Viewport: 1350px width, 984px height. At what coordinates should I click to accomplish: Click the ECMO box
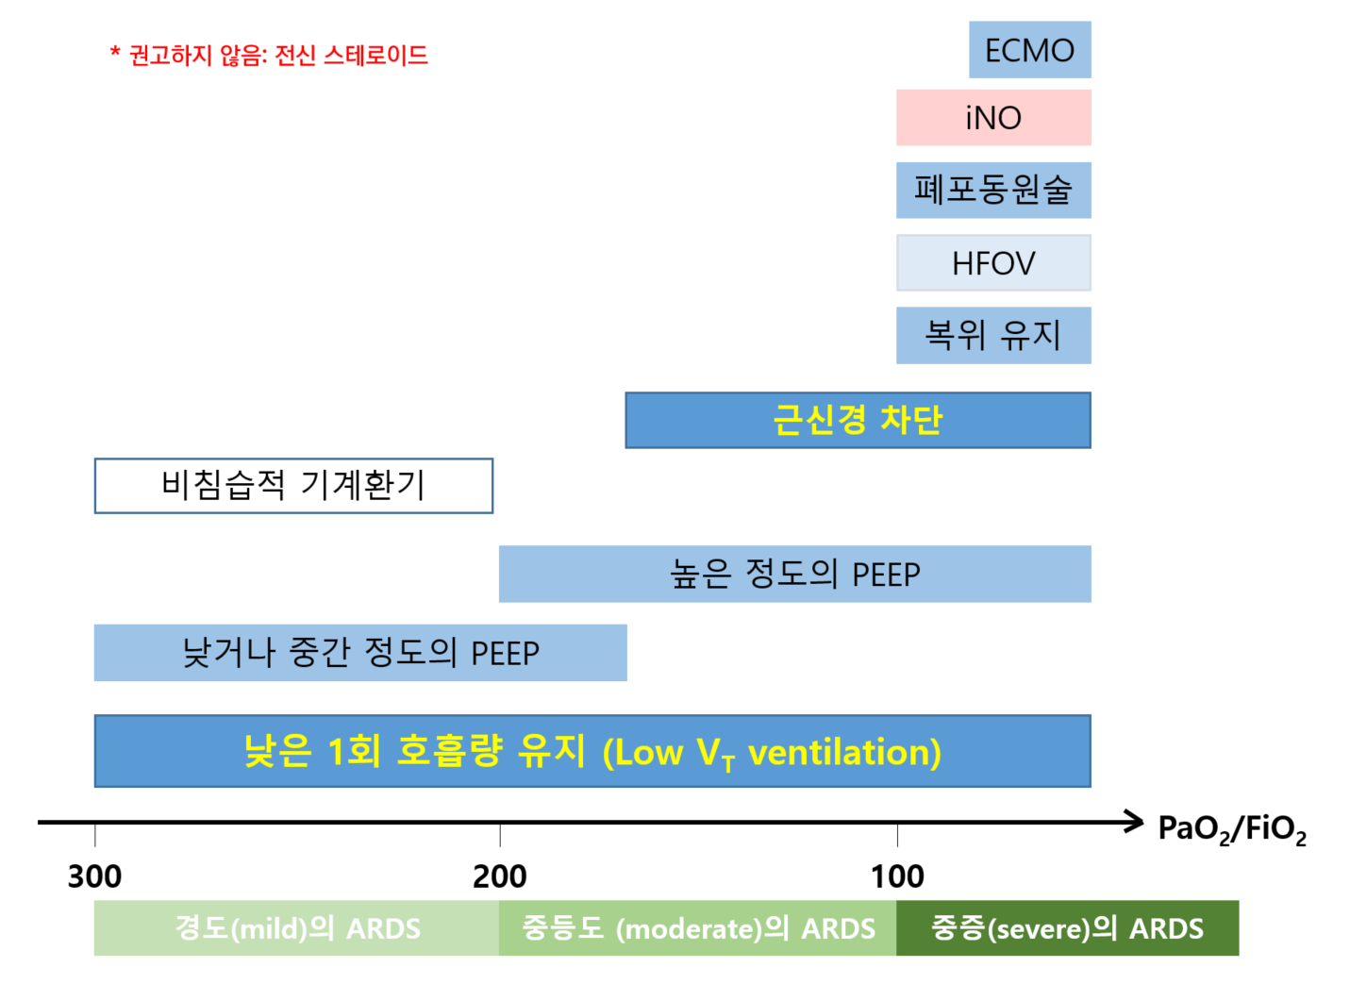1030,50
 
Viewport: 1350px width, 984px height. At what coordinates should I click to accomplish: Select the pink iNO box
993,118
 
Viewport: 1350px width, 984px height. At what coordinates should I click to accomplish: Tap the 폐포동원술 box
993,190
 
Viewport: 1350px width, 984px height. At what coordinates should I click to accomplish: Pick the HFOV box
993,262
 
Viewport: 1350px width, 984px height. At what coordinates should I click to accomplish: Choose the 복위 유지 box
993,335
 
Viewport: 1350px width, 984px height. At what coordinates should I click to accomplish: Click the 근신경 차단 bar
858,420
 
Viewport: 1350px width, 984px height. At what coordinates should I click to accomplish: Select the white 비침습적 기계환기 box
293,486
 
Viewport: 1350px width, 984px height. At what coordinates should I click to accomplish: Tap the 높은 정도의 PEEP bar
795,574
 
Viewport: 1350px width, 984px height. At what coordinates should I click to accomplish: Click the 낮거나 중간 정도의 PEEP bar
360,653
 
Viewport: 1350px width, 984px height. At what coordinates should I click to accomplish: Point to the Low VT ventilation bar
592,751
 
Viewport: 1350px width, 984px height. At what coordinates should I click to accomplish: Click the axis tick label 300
94,876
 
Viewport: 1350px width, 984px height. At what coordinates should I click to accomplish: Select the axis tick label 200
500,876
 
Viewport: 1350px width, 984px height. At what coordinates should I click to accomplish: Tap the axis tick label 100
897,876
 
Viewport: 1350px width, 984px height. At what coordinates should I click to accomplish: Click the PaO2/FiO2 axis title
1232,829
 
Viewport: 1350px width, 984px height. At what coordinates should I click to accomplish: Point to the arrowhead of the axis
1142,822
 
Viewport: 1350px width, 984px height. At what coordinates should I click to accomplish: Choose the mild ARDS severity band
296,928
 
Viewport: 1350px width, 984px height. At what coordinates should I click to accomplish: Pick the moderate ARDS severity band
697,928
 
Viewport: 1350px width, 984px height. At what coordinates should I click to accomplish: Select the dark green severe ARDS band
1067,928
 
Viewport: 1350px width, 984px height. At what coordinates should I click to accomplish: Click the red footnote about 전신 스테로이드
269,56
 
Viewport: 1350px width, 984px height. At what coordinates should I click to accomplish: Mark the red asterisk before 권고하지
115,51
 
